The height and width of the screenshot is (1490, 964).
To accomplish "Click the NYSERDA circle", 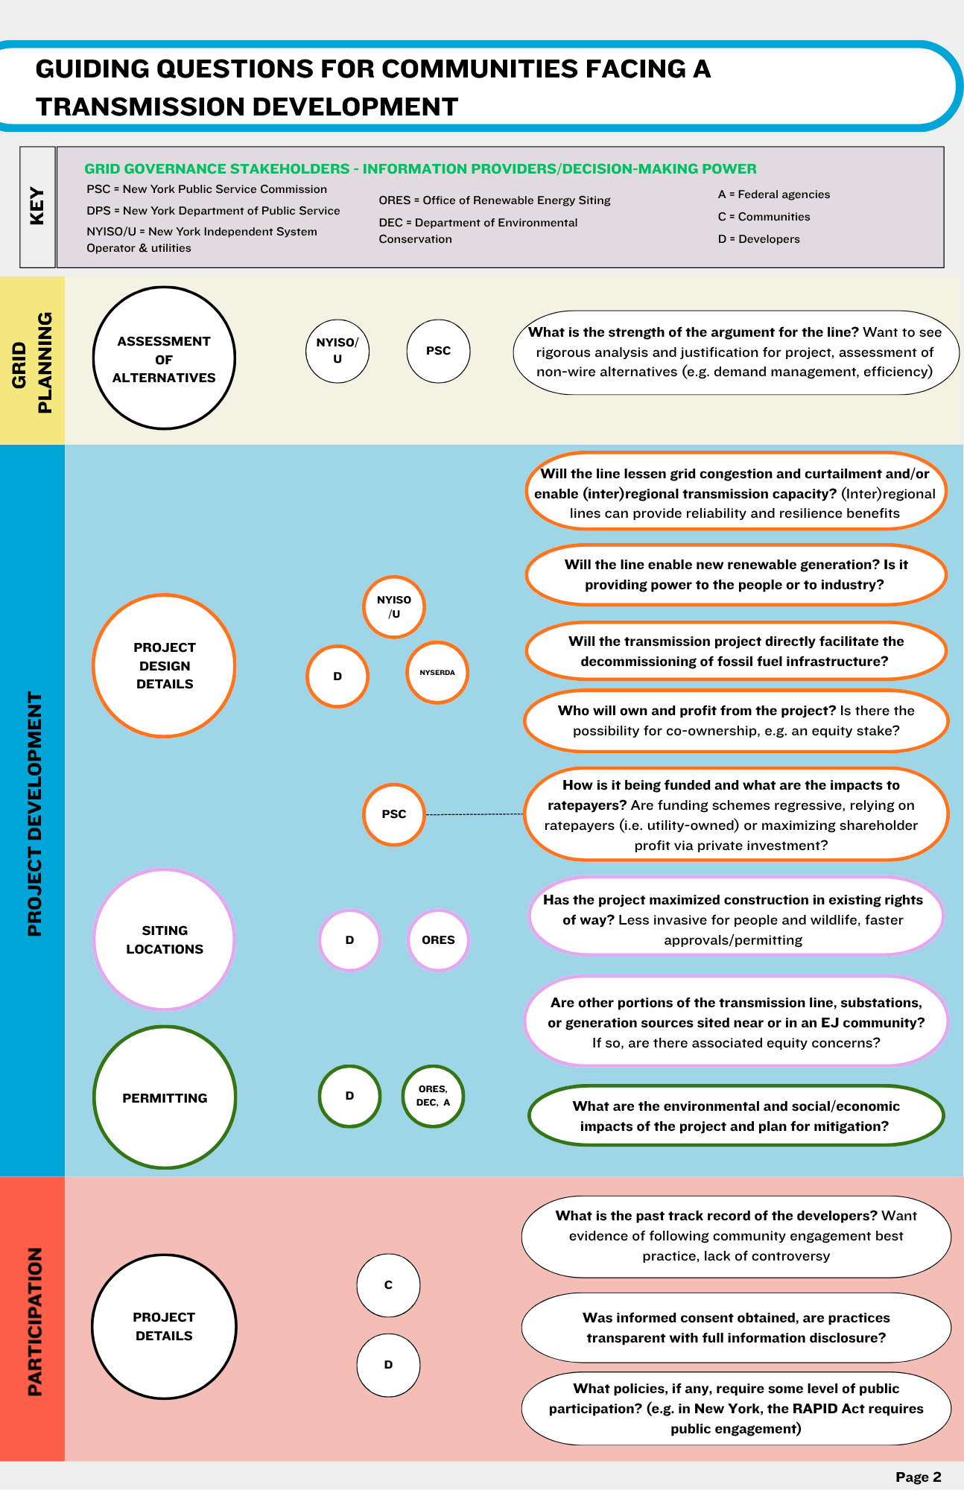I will point(437,673).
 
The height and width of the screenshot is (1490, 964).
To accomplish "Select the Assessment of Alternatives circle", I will point(164,358).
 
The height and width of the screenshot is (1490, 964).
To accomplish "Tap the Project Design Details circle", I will point(164,665).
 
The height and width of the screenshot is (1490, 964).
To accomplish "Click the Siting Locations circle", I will point(164,939).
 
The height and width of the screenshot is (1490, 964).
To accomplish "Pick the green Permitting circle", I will point(165,1097).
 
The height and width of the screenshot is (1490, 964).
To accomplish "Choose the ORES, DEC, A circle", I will point(433,1096).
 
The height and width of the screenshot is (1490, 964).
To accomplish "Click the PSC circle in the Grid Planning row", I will point(438,351).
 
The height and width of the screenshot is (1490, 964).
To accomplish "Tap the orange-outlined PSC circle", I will point(393,814).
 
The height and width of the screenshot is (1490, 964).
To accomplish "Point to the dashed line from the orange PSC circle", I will point(475,814).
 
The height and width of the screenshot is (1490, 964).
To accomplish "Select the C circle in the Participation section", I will point(388,1285).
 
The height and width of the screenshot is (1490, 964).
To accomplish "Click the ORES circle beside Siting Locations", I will point(438,940).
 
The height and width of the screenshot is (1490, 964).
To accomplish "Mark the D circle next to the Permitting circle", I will point(349,1096).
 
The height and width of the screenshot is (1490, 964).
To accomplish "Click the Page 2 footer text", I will point(918,1477).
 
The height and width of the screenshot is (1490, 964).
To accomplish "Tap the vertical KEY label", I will point(37,206).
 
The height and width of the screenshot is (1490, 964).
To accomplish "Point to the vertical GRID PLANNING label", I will point(32,362).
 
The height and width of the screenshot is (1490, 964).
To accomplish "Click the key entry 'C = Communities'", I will point(764,217).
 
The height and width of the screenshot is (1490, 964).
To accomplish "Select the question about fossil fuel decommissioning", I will point(735,651).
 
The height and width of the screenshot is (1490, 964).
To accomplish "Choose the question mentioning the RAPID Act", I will point(735,1408).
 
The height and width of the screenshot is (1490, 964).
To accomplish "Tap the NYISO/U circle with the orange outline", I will point(393,607).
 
